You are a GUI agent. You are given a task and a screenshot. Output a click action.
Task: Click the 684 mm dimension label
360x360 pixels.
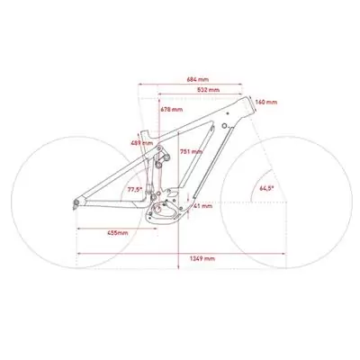point(198,79)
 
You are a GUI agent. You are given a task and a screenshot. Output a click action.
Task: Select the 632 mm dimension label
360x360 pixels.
point(209,90)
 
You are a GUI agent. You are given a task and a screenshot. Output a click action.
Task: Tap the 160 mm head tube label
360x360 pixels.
point(265,102)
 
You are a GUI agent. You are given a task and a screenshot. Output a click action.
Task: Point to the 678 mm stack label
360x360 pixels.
point(172,110)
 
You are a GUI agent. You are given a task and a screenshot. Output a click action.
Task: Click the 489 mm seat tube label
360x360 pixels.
point(141,143)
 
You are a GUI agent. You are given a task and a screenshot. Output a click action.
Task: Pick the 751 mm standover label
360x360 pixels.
point(191,152)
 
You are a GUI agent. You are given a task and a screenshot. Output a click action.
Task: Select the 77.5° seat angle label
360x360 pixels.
point(134,190)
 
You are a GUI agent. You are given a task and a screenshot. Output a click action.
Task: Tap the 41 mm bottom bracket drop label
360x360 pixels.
point(202,206)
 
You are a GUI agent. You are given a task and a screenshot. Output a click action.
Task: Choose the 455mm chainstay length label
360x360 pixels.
point(118,233)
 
